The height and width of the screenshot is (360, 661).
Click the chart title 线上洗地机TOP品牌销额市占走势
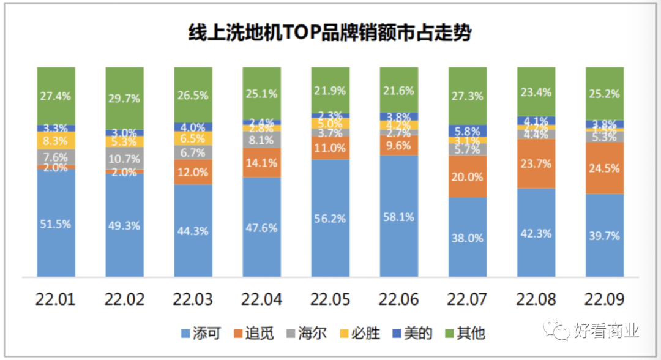click(x=330, y=32)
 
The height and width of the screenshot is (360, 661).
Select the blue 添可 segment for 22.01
click(x=56, y=223)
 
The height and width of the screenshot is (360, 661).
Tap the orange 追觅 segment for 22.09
click(x=605, y=168)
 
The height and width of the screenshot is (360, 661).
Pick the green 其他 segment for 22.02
click(x=124, y=98)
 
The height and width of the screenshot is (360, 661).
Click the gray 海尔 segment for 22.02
click(x=124, y=158)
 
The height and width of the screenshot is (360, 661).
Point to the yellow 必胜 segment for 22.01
click(x=56, y=140)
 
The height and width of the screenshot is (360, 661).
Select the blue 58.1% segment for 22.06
click(x=398, y=216)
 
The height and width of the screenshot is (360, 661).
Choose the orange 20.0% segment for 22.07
click(x=468, y=177)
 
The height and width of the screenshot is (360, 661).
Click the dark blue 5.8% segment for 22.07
click(x=468, y=131)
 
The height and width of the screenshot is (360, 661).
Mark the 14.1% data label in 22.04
click(x=262, y=163)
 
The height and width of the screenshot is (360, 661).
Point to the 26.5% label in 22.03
click(x=193, y=96)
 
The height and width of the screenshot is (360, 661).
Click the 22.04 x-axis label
click(x=262, y=299)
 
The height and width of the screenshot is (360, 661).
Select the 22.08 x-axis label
click(x=536, y=299)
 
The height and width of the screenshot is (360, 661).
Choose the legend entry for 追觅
click(x=252, y=334)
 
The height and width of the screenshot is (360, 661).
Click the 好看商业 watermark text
click(x=606, y=331)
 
